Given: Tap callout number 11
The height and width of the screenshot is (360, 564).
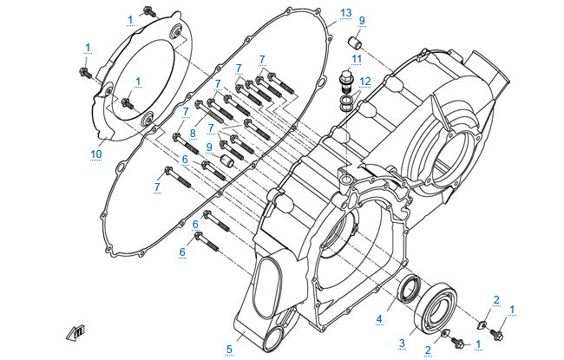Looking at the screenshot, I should (356, 58).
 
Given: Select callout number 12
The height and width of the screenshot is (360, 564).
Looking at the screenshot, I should (365, 81).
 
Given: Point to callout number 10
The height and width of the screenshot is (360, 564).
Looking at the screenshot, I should (97, 154).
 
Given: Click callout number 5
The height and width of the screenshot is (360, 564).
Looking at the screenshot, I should (229, 349).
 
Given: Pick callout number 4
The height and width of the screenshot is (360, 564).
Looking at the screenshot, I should (378, 319).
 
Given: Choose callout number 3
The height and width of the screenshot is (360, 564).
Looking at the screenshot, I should (402, 344).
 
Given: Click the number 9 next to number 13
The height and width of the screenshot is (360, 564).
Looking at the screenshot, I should (362, 20).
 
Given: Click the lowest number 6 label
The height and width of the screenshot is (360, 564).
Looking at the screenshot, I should (183, 252).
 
